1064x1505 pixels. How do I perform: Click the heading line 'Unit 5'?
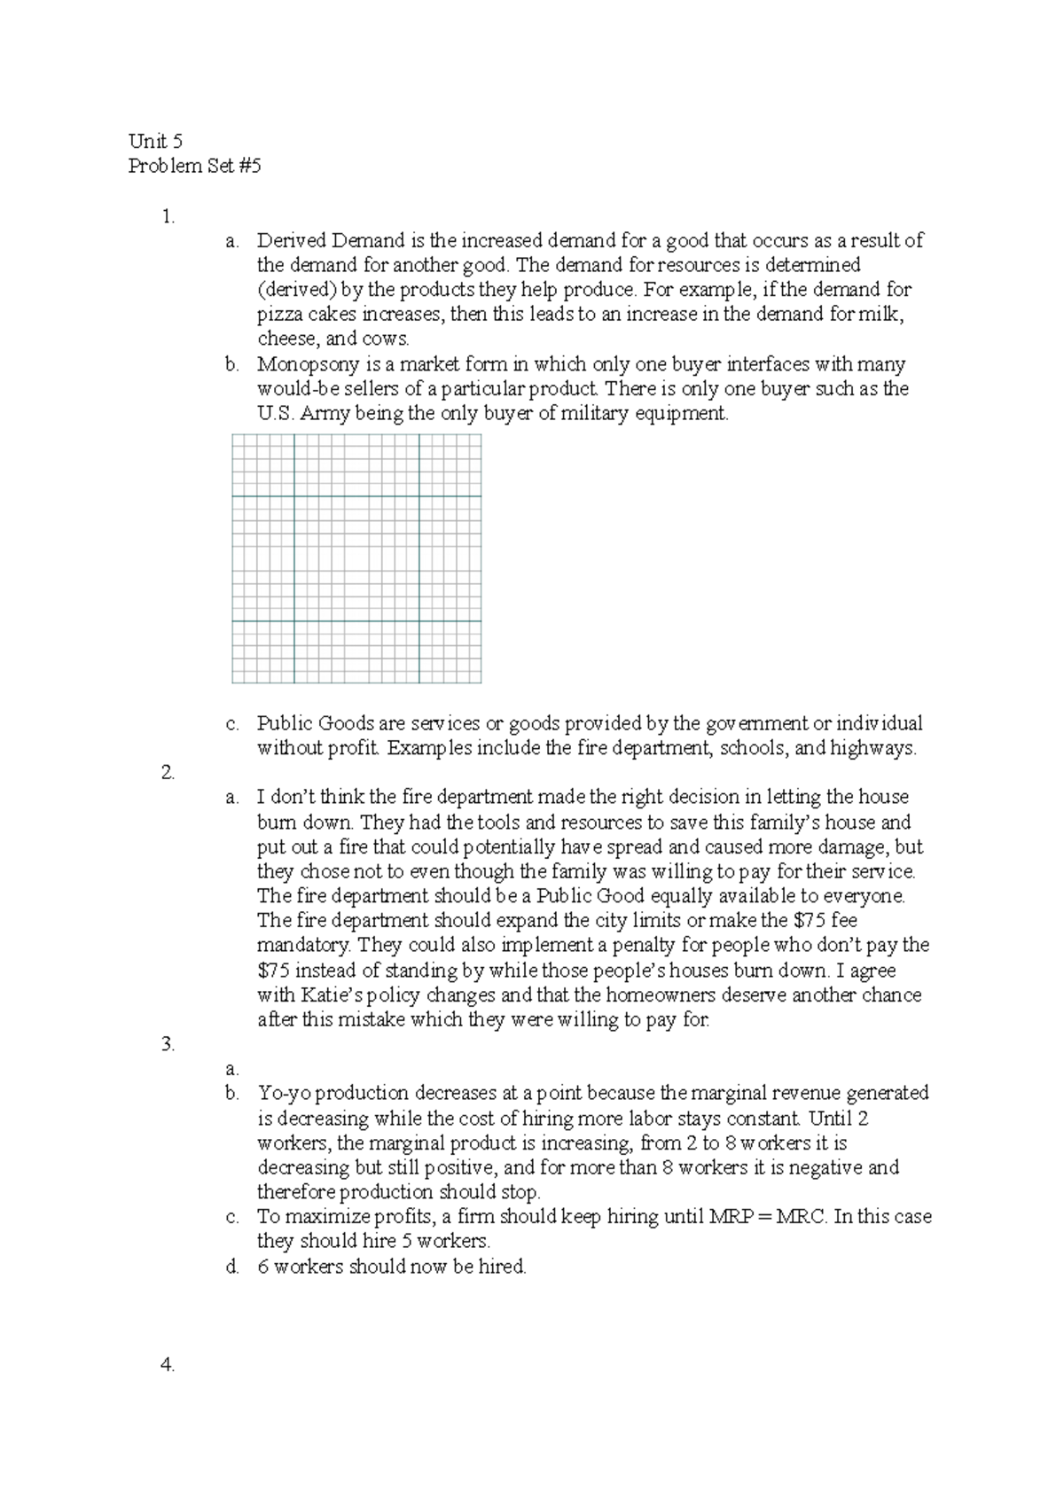click(155, 141)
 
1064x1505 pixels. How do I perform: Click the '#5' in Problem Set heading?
click(250, 166)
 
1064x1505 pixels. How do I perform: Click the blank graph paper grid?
click(356, 558)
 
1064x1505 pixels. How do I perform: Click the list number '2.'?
click(168, 772)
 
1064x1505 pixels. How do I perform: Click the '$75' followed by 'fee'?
click(809, 920)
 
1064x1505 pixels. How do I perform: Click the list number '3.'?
click(168, 1044)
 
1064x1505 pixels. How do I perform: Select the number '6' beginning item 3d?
click(263, 1267)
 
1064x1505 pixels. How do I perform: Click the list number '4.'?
click(168, 1365)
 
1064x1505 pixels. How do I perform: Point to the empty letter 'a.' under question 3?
click(231, 1069)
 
